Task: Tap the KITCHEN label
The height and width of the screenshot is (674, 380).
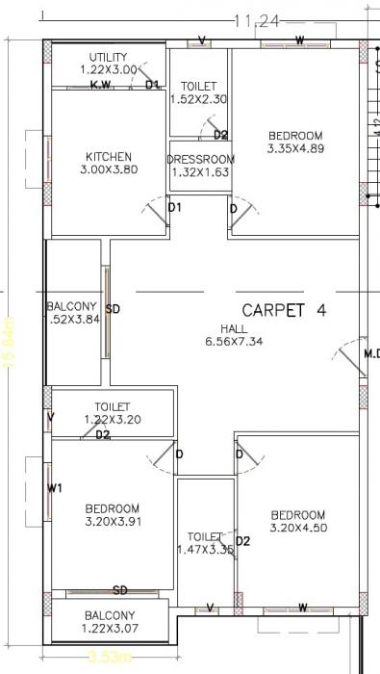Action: pyautogui.click(x=109, y=157)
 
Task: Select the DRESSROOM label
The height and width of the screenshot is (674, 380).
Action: pyautogui.click(x=201, y=159)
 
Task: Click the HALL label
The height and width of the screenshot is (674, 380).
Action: pyautogui.click(x=234, y=327)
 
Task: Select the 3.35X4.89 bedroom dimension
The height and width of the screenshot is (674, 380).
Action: pyautogui.click(x=295, y=148)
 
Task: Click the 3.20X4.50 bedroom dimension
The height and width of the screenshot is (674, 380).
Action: pyautogui.click(x=297, y=528)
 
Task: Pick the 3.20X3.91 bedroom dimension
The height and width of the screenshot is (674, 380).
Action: pyautogui.click(x=113, y=522)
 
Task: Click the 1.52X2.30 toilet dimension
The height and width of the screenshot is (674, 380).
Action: pyautogui.click(x=199, y=98)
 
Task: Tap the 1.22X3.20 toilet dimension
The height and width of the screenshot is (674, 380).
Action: pyautogui.click(x=113, y=420)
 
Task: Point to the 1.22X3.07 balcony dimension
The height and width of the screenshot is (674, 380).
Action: pyautogui.click(x=109, y=629)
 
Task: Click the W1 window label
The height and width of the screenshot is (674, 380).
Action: pyautogui.click(x=55, y=489)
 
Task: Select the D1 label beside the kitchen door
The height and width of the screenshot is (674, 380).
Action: pyautogui.click(x=174, y=207)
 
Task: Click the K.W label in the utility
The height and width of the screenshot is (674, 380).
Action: pyautogui.click(x=101, y=86)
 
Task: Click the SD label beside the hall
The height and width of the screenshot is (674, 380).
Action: pyautogui.click(x=113, y=309)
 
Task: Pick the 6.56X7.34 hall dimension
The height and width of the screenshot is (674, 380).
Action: pyautogui.click(x=234, y=341)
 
